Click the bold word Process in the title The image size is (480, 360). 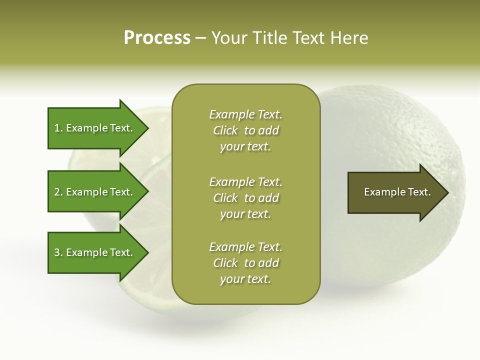tap(157, 38)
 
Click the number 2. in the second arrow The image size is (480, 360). tap(58, 192)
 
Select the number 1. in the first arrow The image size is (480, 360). tap(58, 128)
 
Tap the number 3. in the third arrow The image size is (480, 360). tap(58, 252)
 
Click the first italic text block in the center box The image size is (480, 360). tap(245, 130)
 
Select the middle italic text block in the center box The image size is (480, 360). tap(245, 197)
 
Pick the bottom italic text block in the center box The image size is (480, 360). tap(245, 263)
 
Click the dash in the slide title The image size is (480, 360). tap(201, 38)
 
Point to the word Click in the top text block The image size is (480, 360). tap(225, 130)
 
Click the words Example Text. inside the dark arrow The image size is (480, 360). tap(397, 192)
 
